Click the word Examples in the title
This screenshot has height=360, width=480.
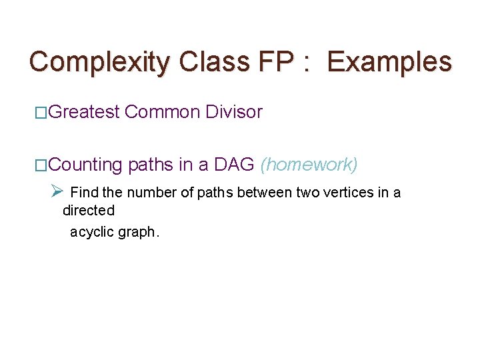click(x=390, y=62)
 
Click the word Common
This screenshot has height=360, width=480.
click(x=162, y=112)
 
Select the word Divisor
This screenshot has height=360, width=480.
click(x=234, y=112)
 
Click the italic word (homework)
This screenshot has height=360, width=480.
click(x=309, y=165)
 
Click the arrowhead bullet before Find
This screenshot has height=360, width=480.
click(x=57, y=192)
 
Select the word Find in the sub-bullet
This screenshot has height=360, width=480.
click(x=83, y=193)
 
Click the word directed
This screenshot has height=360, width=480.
click(x=89, y=211)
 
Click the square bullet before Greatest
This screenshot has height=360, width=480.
click(x=41, y=113)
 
